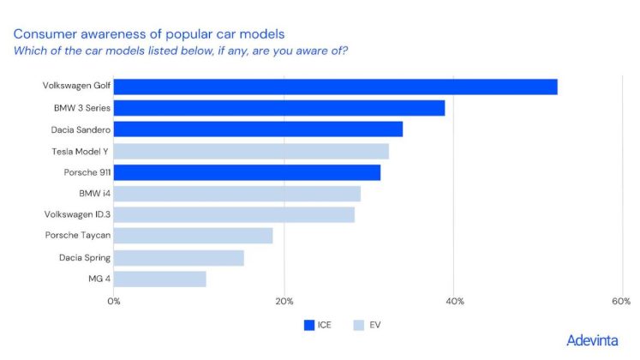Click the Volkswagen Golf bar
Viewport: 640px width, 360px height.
pyautogui.click(x=335, y=87)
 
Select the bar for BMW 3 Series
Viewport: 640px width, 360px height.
pyautogui.click(x=278, y=108)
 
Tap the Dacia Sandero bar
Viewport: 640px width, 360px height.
pyautogui.click(x=258, y=129)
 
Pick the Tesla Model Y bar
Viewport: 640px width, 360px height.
pyautogui.click(x=251, y=151)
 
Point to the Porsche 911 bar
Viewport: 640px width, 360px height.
pyautogui.click(x=247, y=172)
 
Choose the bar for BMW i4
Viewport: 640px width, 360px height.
pyautogui.click(x=236, y=194)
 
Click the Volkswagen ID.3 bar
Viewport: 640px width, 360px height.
pyautogui.click(x=234, y=215)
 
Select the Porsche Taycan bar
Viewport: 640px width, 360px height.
pyautogui.click(x=193, y=236)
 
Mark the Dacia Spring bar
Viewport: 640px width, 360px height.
pyautogui.click(x=178, y=257)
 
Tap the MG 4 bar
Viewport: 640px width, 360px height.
pyautogui.click(x=159, y=279)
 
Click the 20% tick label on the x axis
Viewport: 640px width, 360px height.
pyautogui.click(x=284, y=301)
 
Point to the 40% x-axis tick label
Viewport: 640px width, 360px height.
pyautogui.click(x=455, y=301)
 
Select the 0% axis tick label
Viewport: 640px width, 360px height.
pyautogui.click(x=114, y=301)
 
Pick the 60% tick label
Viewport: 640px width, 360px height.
pyautogui.click(x=621, y=301)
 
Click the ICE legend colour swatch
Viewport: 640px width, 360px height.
pyautogui.click(x=309, y=325)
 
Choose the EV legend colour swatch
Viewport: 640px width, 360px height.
pyautogui.click(x=359, y=325)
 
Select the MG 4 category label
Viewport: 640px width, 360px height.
pyautogui.click(x=99, y=279)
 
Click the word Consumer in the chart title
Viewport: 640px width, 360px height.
pyautogui.click(x=43, y=33)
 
